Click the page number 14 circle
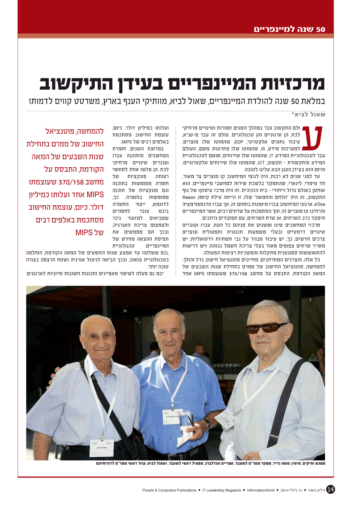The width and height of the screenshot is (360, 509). coord(330,489)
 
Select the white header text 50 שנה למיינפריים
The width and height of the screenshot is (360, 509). coord(290,29)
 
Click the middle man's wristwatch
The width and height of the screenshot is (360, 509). coord(207,423)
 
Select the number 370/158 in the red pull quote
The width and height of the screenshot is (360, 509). coord(70,182)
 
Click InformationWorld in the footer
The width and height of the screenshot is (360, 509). coord(261,490)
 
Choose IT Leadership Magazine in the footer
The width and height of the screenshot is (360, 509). coord(222,490)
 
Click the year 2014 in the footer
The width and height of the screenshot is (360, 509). coord(284,490)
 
